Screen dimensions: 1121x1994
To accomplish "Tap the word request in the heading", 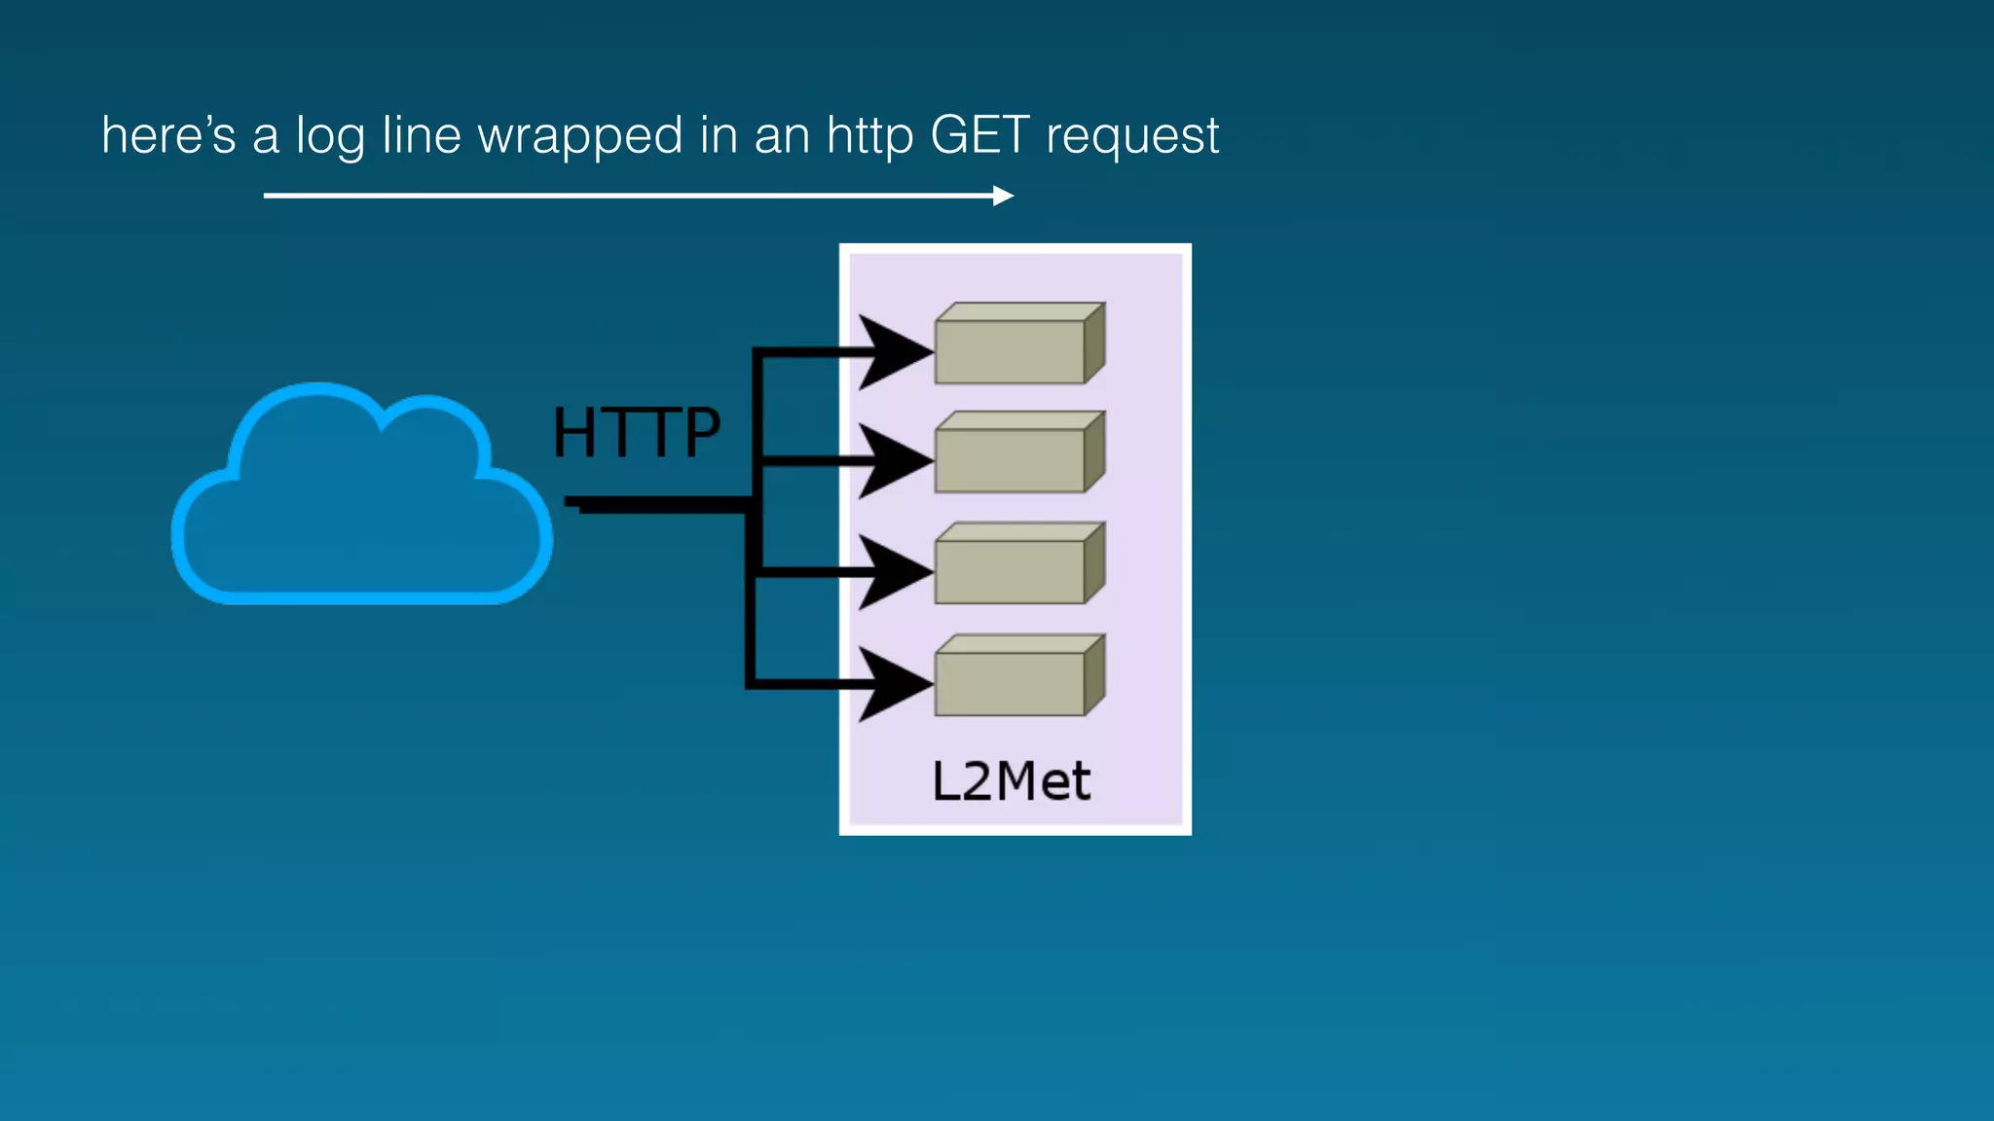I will tap(1131, 136).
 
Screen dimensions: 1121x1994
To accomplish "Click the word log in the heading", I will tap(330, 136).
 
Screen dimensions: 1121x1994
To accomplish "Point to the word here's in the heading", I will tap(168, 134).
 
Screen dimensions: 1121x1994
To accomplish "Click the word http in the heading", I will tap(869, 136).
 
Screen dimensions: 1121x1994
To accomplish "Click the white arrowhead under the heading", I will tap(1003, 196).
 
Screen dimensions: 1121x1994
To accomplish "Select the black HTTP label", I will tap(637, 432).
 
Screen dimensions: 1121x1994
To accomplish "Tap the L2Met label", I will tap(1012, 781).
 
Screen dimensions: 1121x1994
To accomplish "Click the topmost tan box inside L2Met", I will tap(1017, 344).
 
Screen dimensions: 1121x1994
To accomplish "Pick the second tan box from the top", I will tap(1017, 453).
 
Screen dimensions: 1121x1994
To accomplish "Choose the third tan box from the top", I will tap(1017, 564).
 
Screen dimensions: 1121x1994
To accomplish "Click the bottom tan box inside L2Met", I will tap(1017, 676).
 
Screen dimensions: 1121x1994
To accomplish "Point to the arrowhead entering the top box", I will tap(891, 351).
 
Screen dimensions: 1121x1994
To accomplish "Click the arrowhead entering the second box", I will tap(891, 460).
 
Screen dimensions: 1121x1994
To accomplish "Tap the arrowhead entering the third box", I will tap(891, 572).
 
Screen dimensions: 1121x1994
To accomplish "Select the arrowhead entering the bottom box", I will tap(891, 684).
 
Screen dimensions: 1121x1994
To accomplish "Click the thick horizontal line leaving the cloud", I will tap(657, 504).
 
